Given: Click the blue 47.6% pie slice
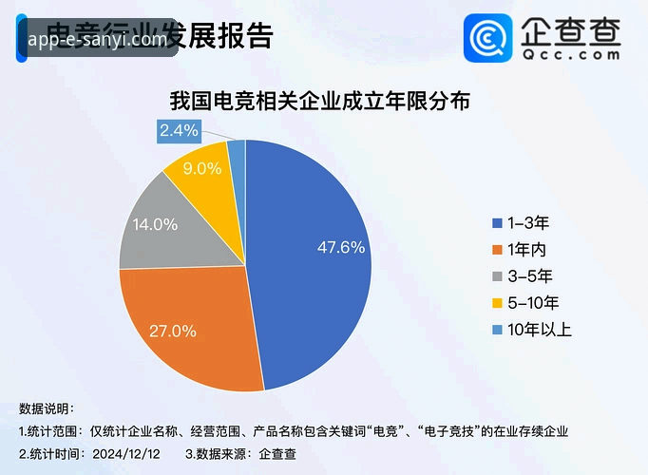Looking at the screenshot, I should pos(314,256).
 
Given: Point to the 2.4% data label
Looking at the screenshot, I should pos(179,131).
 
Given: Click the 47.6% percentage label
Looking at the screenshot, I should pos(340,248).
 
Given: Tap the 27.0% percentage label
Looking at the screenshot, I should pos(173,332).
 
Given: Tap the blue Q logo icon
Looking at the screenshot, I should pos(489,37).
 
